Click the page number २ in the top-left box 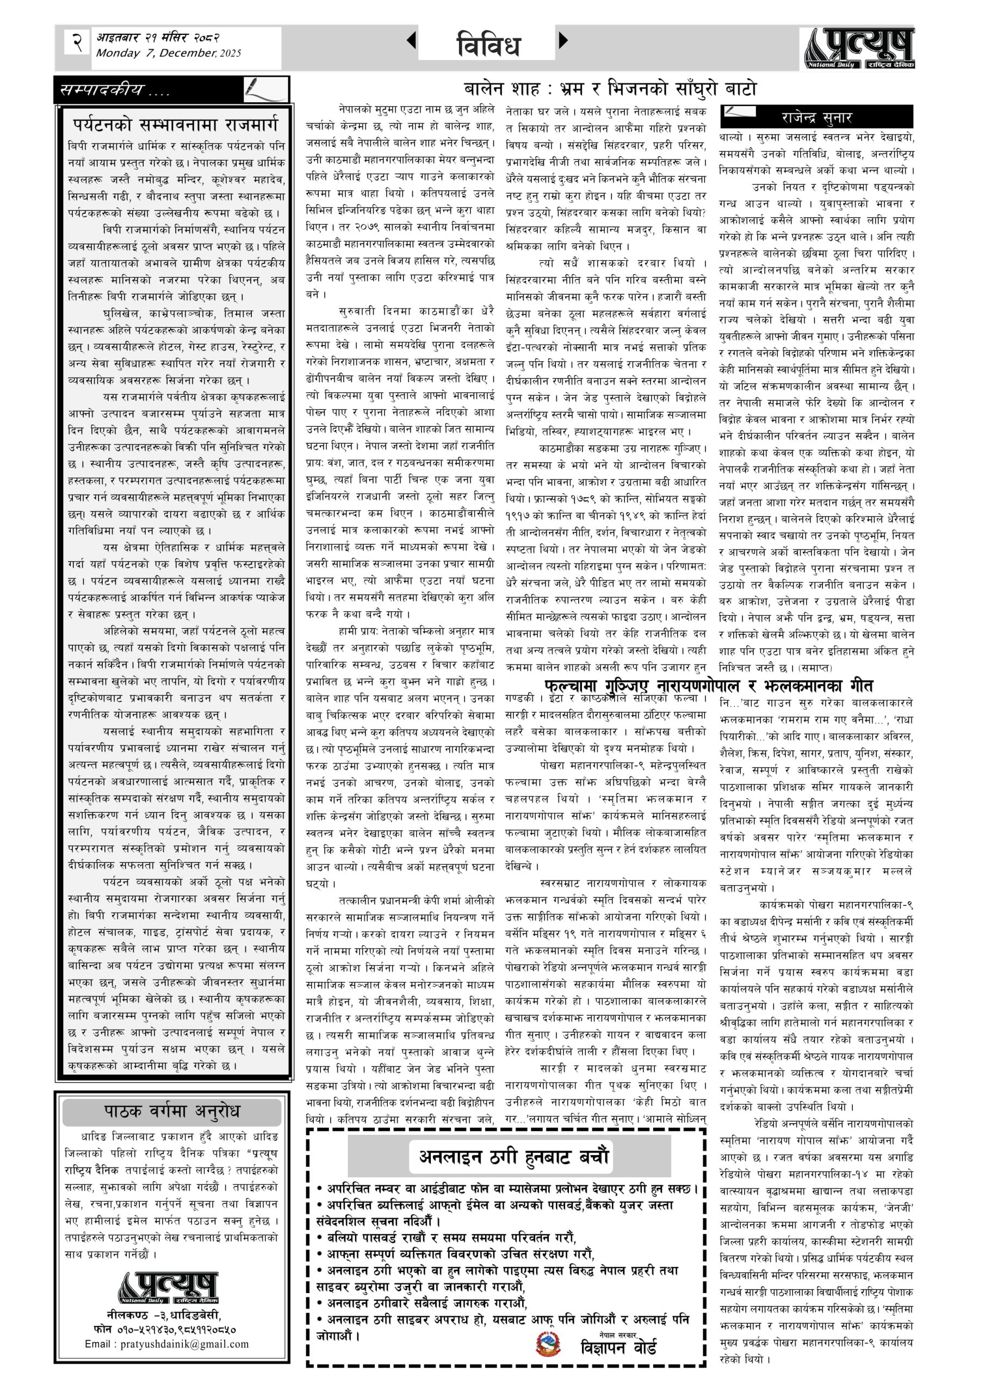pos(77,44)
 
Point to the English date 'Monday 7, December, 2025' pos(168,53)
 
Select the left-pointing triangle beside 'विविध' pos(411,41)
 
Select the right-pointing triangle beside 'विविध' pos(563,41)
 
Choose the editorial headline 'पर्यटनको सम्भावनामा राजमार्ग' pos(176,125)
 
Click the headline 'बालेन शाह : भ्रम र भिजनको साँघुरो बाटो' pos(610,89)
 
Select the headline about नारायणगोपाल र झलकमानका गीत pos(708,686)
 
